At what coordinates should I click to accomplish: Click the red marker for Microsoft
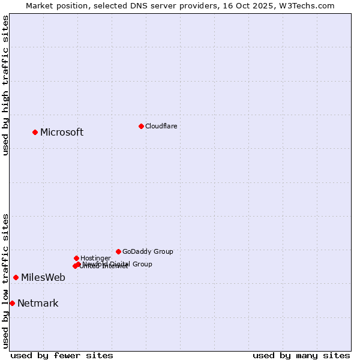point(35,132)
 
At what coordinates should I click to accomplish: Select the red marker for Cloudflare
point(141,126)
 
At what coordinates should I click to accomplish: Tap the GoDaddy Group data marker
point(118,251)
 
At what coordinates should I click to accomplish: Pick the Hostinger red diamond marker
point(76,258)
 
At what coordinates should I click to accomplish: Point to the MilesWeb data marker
point(16,277)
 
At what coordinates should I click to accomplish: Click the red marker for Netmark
point(12,303)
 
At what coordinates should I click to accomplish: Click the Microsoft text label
point(62,133)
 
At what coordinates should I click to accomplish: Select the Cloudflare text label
point(161,126)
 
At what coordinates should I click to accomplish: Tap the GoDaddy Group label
point(148,251)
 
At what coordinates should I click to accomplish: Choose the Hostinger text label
point(95,258)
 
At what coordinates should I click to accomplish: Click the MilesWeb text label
point(43,277)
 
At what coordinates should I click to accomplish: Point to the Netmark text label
point(38,303)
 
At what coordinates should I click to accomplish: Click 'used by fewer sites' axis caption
point(62,355)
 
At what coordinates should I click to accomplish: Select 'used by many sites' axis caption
point(301,355)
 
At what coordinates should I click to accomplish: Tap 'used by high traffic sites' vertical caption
point(5,85)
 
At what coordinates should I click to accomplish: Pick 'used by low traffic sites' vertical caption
point(5,281)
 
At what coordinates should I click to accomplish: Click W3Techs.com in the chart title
point(310,5)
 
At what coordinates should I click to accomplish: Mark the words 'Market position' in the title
point(55,5)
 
